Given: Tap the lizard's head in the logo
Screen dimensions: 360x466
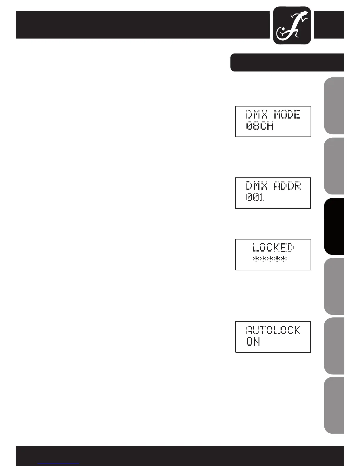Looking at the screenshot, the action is tap(306, 13).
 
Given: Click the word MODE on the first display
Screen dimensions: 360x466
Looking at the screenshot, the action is tap(287, 114).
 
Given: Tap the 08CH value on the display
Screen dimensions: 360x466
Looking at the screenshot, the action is tap(260, 126).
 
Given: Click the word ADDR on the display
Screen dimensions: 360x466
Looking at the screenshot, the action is tap(287, 186).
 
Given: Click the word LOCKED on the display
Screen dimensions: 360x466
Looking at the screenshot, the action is tap(273, 247).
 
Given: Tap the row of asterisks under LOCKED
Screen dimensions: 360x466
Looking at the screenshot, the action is tap(270, 259).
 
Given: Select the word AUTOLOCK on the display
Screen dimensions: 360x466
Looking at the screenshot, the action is tap(273, 330).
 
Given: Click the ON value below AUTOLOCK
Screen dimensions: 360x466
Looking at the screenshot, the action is tap(253, 342).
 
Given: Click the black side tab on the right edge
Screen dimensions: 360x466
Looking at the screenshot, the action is tap(334, 226).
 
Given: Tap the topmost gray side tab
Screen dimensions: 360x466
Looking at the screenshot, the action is tap(334, 106).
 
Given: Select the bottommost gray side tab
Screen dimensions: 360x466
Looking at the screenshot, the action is tap(334, 405).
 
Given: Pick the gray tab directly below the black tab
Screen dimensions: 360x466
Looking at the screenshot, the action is tap(334, 286).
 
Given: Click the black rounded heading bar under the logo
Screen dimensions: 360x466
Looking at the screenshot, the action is tap(287, 62).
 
